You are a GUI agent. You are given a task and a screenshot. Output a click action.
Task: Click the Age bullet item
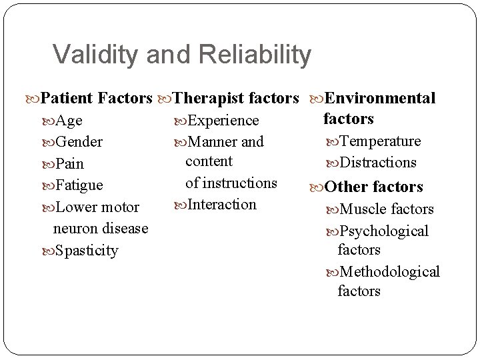point(69,121)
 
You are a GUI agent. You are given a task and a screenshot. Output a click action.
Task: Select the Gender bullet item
point(79,142)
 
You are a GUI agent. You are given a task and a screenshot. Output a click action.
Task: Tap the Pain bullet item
point(70,163)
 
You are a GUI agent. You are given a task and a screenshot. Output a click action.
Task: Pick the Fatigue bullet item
point(80,185)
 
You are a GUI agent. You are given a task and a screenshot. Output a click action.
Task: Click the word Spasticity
point(87,251)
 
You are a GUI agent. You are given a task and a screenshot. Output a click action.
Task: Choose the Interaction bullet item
point(222,205)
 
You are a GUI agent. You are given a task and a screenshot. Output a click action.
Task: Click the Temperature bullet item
point(380,141)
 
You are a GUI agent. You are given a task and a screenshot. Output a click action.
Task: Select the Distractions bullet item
point(378,163)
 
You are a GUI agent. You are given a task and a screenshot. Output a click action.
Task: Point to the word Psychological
point(384,231)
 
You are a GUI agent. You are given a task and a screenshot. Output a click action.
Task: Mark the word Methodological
point(390,272)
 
